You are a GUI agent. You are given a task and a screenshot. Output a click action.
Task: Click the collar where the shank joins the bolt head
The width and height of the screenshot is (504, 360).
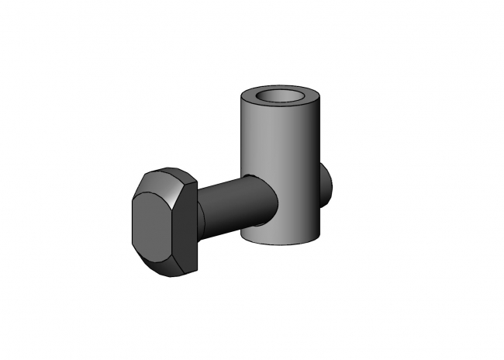point(201,213)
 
